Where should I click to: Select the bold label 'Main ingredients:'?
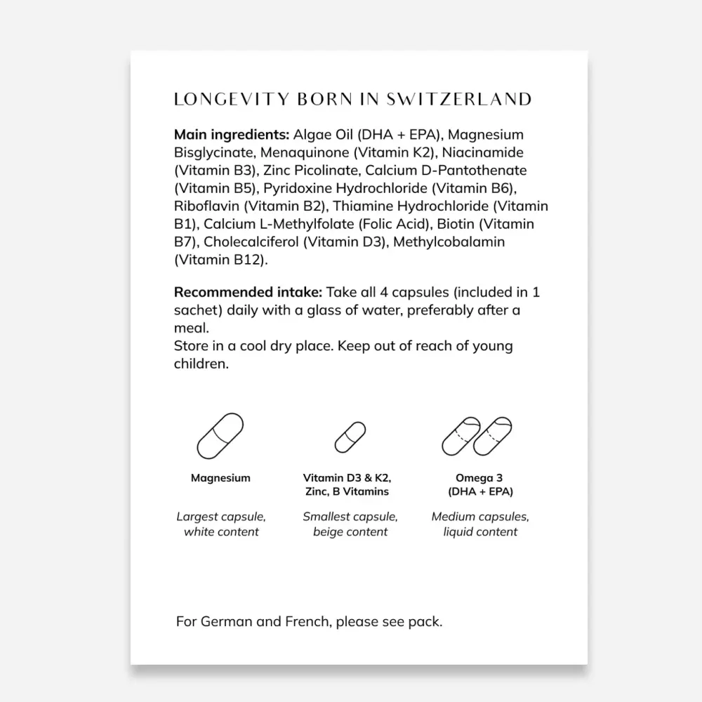(x=231, y=134)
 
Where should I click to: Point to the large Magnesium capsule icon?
(x=220, y=436)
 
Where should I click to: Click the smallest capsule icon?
(x=350, y=437)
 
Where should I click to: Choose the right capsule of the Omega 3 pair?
(x=492, y=436)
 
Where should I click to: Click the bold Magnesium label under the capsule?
(x=220, y=478)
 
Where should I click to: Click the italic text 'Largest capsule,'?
(x=220, y=517)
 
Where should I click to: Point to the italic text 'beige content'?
(x=350, y=532)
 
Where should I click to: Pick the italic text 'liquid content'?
(x=480, y=532)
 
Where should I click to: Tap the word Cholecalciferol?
(x=252, y=242)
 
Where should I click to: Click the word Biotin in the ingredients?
(x=455, y=224)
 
